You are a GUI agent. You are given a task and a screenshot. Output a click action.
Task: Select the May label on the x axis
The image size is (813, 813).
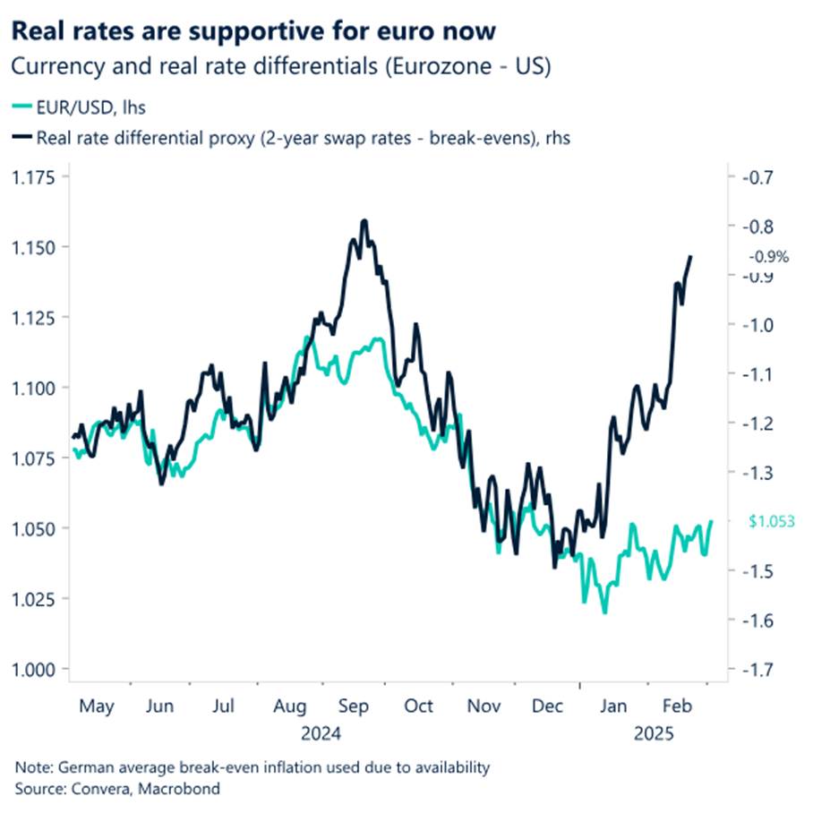(x=97, y=707)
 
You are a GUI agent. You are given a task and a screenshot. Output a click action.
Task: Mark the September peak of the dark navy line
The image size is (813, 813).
(x=364, y=219)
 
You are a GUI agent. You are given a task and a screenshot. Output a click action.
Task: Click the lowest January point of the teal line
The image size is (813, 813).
(x=604, y=612)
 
